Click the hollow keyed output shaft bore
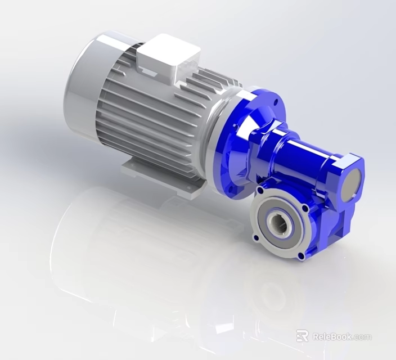click(x=280, y=224)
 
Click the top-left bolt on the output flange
click(x=259, y=192)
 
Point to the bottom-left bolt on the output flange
click(x=256, y=238)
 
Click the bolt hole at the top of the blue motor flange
click(x=275, y=102)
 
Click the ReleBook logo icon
click(x=303, y=336)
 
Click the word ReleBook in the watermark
click(x=332, y=336)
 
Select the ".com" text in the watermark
click(x=362, y=337)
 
